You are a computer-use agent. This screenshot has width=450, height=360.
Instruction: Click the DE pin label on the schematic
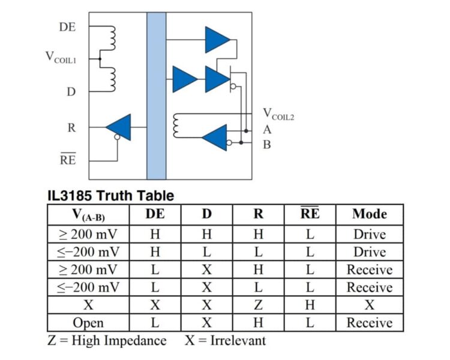(x=67, y=27)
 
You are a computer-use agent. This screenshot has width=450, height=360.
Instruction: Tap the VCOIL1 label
(x=61, y=58)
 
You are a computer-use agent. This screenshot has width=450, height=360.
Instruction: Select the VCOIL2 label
(x=278, y=114)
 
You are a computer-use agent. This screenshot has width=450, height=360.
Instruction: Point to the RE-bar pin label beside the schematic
(x=68, y=159)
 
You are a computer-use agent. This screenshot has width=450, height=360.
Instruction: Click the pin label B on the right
(x=267, y=145)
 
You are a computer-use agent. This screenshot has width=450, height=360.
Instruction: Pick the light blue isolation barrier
(x=157, y=96)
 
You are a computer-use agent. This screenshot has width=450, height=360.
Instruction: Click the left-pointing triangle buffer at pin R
(x=119, y=127)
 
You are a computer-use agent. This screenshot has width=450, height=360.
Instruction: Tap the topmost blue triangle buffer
(x=218, y=40)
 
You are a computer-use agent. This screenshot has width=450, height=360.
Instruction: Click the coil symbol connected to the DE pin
(x=112, y=38)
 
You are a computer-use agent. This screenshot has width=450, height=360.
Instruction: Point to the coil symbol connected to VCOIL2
(x=176, y=126)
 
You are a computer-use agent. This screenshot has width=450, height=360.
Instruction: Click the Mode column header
(x=370, y=214)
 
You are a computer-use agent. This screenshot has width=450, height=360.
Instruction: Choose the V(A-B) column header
(x=88, y=215)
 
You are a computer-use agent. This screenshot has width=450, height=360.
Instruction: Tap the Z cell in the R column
(x=258, y=305)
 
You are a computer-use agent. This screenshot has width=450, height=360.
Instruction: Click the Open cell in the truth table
(x=88, y=323)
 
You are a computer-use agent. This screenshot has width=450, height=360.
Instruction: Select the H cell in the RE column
(x=310, y=305)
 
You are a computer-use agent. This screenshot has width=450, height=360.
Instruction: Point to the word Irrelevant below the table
(x=238, y=340)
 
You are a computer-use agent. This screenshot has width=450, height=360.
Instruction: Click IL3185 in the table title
(x=70, y=196)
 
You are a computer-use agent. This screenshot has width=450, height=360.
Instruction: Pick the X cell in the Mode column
(x=370, y=305)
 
